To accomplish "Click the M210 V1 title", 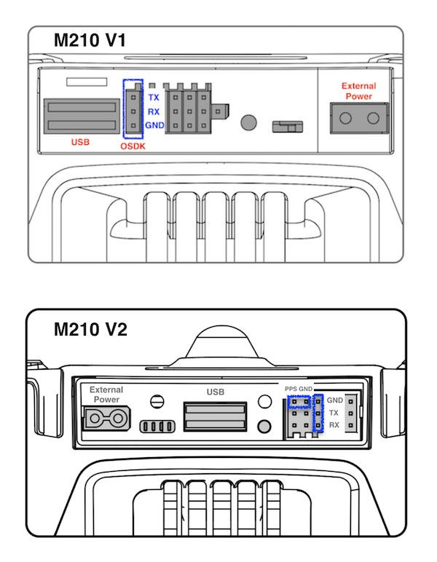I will click(x=90, y=41).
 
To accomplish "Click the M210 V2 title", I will click(x=91, y=330).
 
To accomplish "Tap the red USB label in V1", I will click(x=80, y=141).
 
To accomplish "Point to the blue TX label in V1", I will click(x=154, y=98).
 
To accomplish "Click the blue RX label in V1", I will click(x=154, y=111).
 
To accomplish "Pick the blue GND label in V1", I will click(x=154, y=125).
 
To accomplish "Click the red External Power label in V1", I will click(x=358, y=91).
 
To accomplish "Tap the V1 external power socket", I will click(x=359, y=118).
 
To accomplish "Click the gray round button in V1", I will click(x=250, y=122).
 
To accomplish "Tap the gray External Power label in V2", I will click(x=106, y=395).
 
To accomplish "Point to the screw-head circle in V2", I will click(x=154, y=400).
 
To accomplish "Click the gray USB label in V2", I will click(x=215, y=392).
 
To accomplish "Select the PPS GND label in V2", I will click(x=299, y=390).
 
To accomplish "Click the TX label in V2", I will click(x=334, y=412).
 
